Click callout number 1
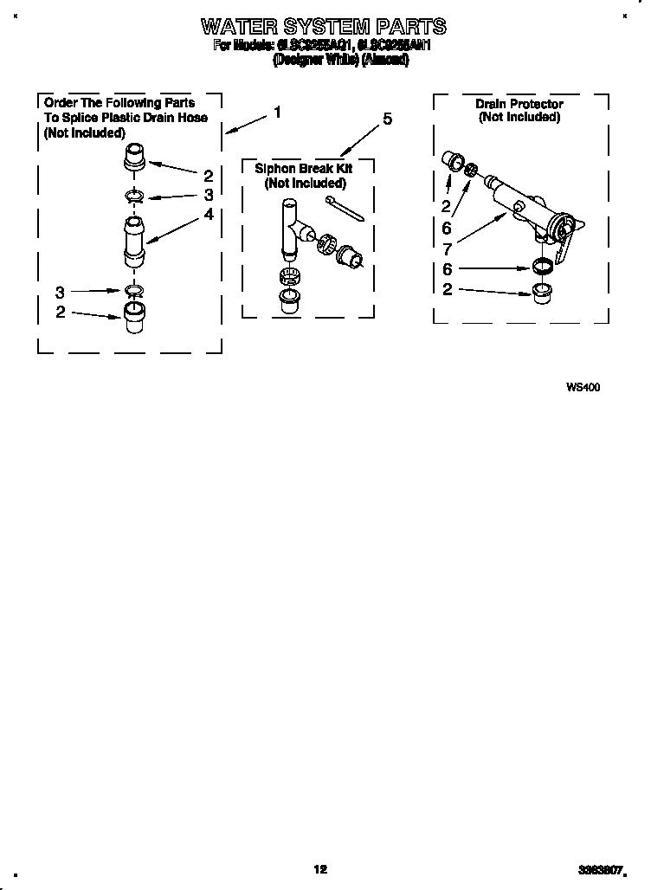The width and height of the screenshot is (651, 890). [277, 112]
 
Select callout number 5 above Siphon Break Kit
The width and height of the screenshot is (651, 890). [386, 119]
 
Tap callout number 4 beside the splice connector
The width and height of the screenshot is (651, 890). [209, 214]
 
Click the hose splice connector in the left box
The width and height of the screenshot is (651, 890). [133, 242]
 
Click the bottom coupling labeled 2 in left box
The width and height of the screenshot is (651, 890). [132, 316]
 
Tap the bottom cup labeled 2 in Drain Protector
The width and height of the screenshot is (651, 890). [542, 289]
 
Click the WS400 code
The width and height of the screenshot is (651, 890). [583, 387]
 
